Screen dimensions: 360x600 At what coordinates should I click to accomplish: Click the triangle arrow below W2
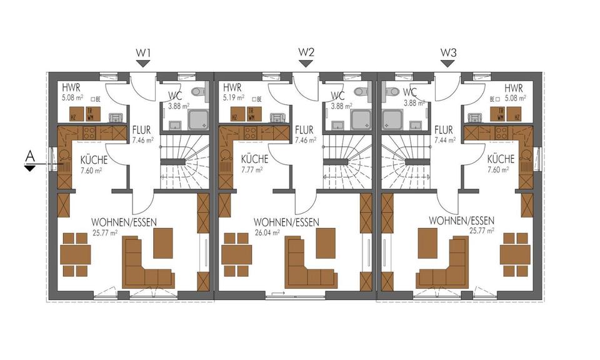(306, 63)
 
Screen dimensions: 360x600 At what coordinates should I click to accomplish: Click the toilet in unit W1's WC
(199, 92)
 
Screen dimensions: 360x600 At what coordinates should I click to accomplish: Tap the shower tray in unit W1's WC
(198, 118)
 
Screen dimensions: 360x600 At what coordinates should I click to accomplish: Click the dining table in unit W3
(515, 254)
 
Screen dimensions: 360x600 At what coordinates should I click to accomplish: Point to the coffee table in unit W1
(162, 242)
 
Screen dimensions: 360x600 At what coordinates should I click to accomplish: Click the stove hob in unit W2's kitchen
(251, 132)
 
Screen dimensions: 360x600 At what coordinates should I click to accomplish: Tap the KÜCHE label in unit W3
(501, 159)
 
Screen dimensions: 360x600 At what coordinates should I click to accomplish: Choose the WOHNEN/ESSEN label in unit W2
(286, 222)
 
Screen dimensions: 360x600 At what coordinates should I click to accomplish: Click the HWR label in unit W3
(513, 88)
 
